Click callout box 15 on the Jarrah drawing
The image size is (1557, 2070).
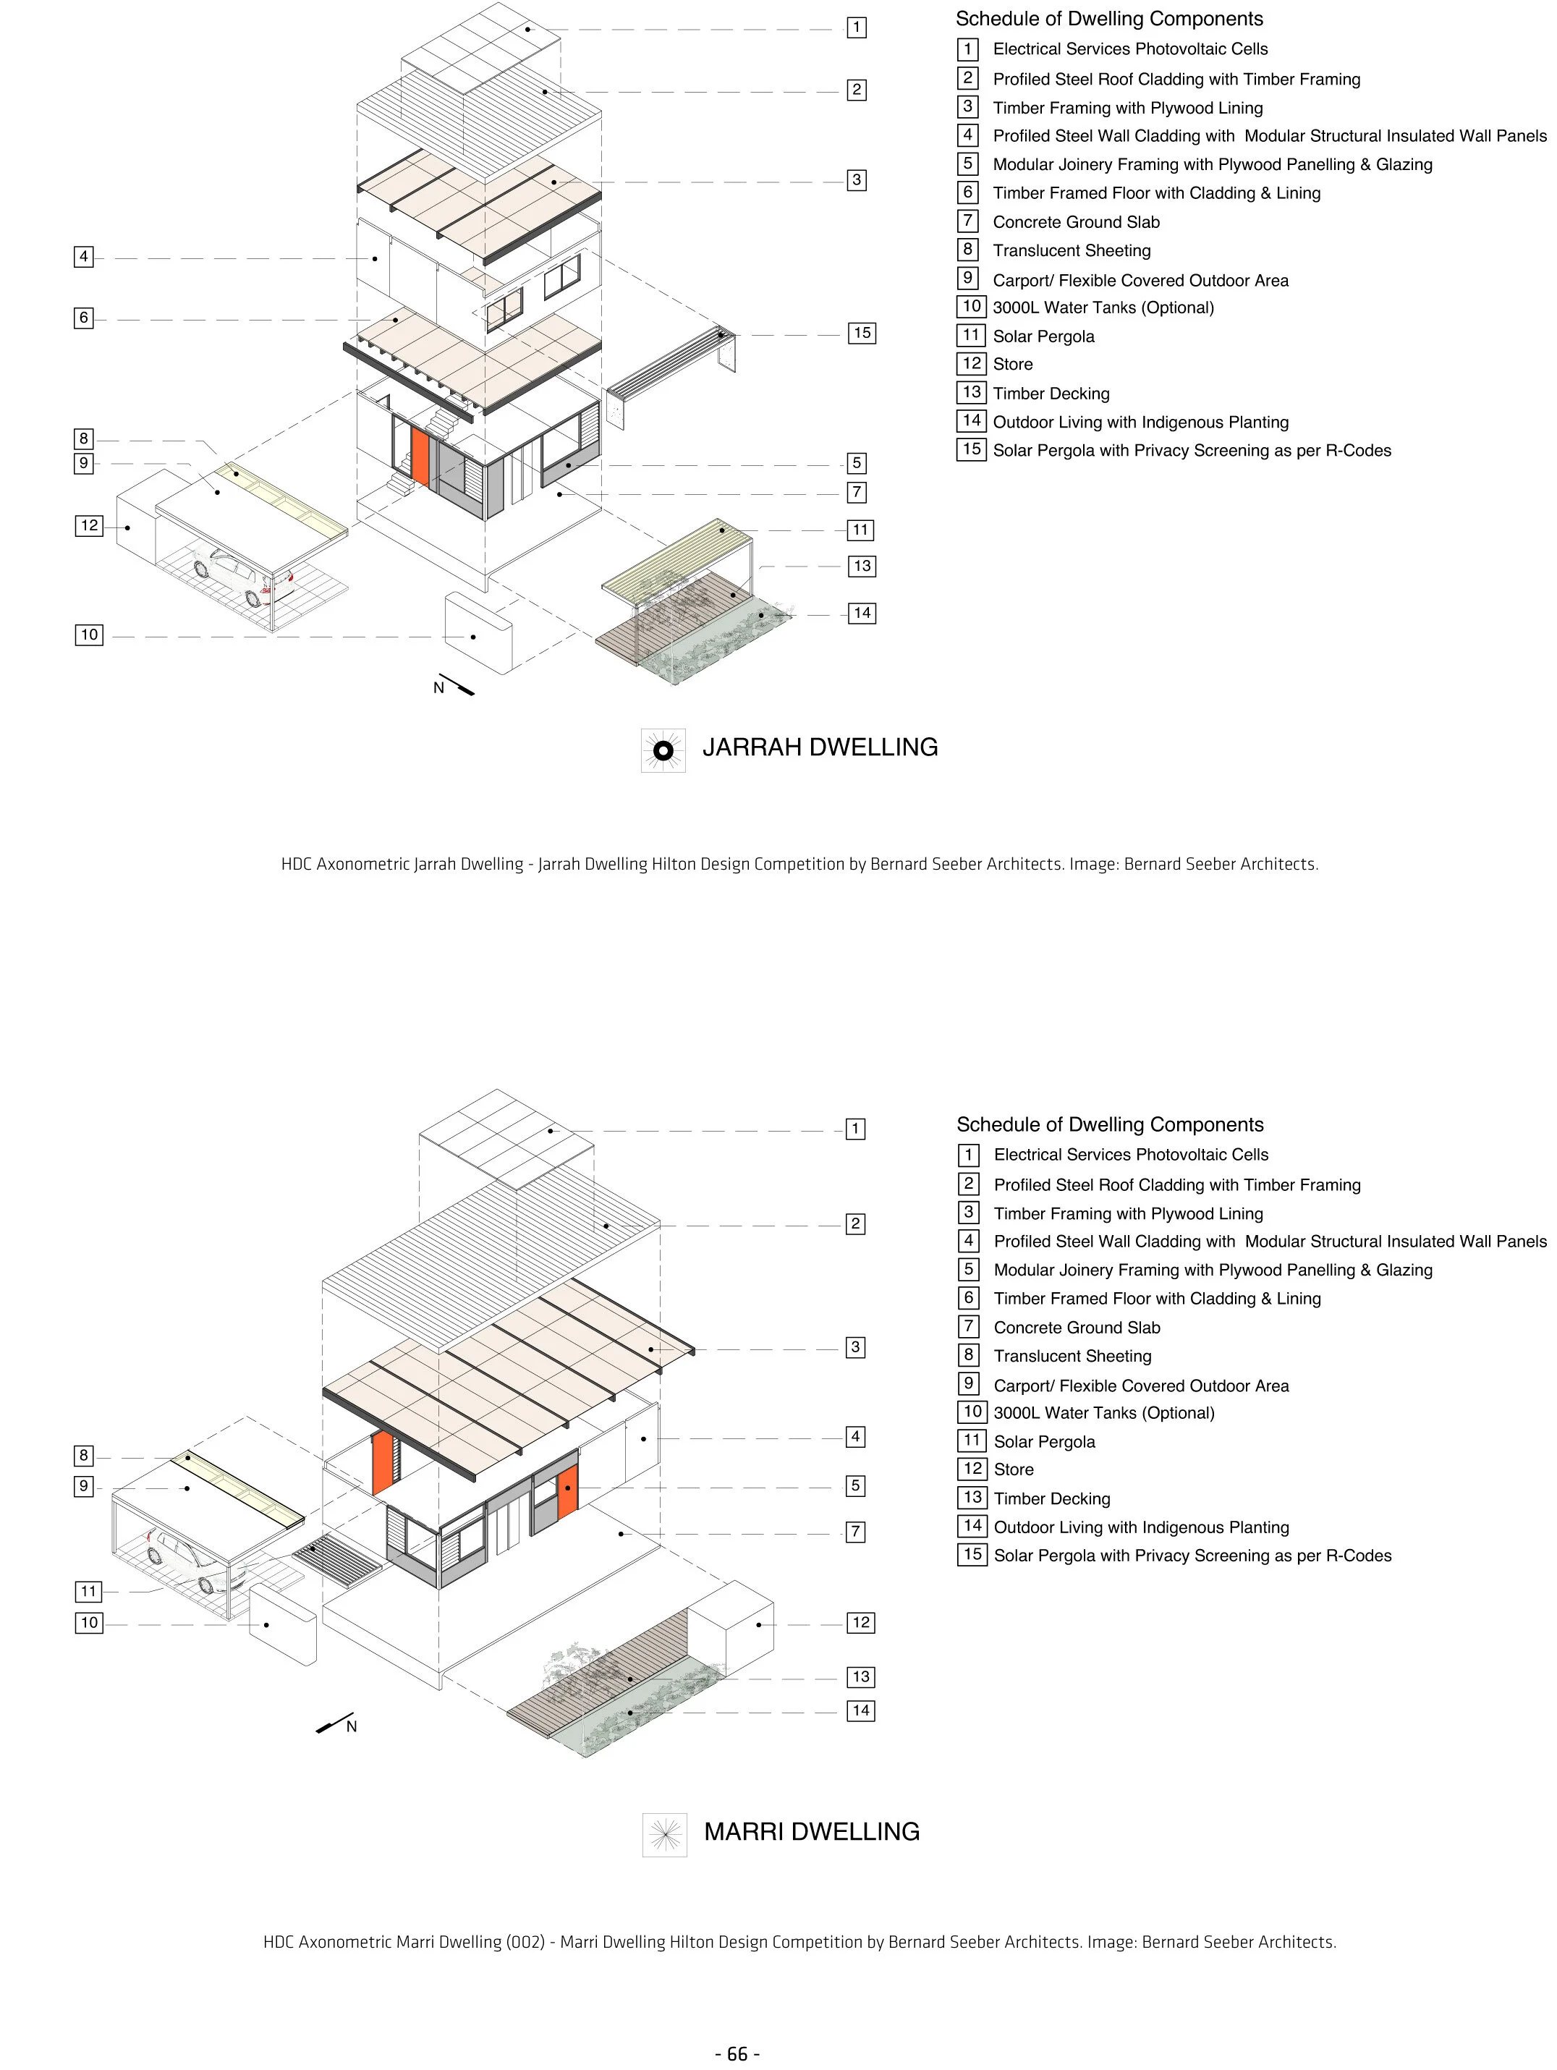click(862, 333)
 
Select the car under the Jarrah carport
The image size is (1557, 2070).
click(242, 577)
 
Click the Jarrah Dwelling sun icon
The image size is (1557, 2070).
click(663, 750)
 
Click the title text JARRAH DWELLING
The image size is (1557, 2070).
click(820, 747)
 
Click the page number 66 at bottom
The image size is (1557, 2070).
click(737, 2053)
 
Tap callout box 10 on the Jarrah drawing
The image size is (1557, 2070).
click(89, 635)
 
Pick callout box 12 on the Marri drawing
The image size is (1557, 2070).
click(861, 1623)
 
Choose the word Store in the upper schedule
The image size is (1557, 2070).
click(1012, 365)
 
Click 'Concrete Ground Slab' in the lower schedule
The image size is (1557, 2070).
click(1076, 1327)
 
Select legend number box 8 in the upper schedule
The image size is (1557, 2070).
click(969, 250)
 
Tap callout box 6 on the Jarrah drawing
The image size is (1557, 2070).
click(83, 318)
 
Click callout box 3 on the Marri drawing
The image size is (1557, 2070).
click(855, 1347)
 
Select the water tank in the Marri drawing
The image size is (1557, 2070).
click(283, 1629)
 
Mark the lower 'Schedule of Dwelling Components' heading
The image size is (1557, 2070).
click(1110, 1125)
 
